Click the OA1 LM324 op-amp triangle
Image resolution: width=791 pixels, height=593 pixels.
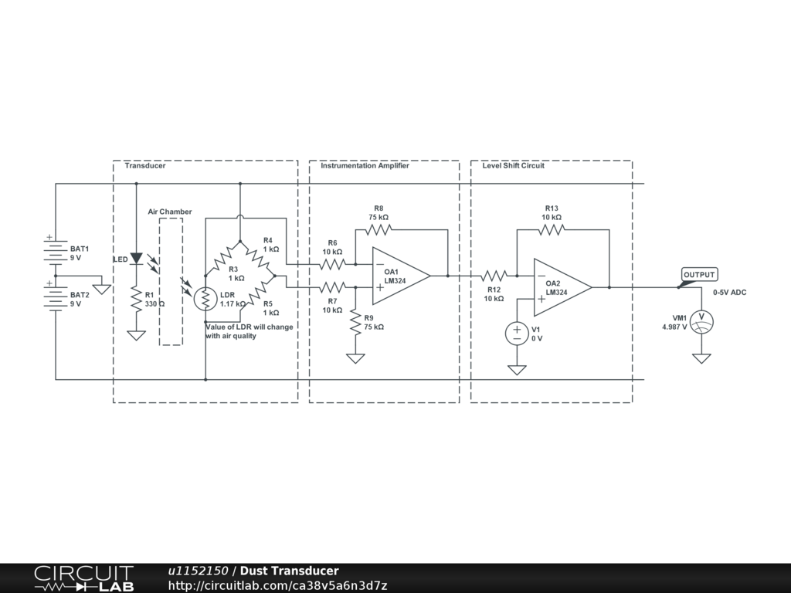[x=399, y=276]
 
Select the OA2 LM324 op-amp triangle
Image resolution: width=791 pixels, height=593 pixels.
[x=561, y=287]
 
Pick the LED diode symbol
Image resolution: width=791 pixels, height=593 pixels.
[x=136, y=259]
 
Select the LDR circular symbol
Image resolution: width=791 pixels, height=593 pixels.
[x=206, y=299]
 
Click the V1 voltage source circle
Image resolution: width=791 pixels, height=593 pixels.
[x=517, y=334]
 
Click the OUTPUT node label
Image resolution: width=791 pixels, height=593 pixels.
[x=700, y=275]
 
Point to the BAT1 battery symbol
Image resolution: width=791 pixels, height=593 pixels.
[x=56, y=249]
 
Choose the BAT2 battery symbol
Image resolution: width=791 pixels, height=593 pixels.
[x=56, y=296]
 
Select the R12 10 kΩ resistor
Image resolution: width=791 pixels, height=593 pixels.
[x=494, y=276]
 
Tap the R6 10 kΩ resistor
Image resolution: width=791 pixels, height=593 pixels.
[x=333, y=264]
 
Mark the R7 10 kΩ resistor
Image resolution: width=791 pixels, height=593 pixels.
[x=333, y=287]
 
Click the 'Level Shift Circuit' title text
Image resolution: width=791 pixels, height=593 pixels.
[x=513, y=165]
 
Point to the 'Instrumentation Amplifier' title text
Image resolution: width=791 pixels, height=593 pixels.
[x=365, y=165]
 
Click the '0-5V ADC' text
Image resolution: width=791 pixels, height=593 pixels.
[x=729, y=293]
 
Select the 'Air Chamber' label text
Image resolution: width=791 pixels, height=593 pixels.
[x=170, y=212]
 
